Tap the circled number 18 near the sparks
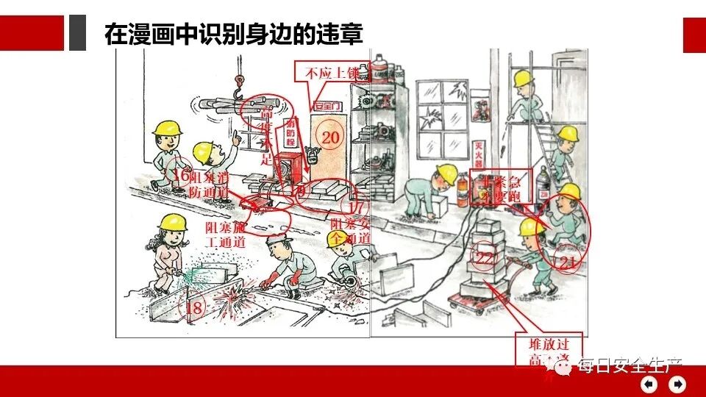(194, 308)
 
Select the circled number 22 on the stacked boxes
(485, 258)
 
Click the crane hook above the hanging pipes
(240, 88)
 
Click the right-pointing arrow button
(677, 384)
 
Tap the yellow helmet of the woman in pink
(174, 221)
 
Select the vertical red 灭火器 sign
(480, 157)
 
